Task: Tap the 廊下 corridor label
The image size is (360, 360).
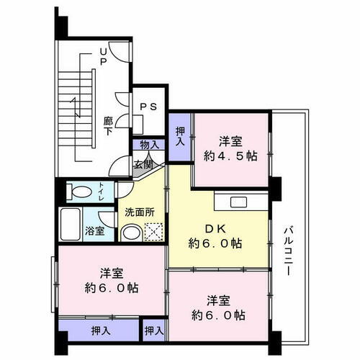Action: [107, 127]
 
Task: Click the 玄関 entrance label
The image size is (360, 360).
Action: [142, 164]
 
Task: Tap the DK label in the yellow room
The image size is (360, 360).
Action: [216, 229]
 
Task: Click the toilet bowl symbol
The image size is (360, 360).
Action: [81, 192]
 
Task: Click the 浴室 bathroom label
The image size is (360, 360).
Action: [94, 231]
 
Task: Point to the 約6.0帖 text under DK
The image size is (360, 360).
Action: [216, 243]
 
